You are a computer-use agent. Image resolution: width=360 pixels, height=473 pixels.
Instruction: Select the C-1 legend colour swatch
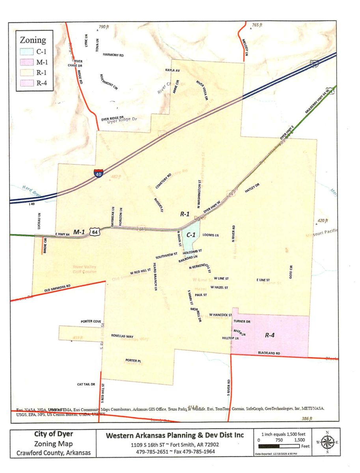pos(27,52)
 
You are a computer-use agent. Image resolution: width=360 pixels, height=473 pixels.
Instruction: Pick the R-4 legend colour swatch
pos(27,83)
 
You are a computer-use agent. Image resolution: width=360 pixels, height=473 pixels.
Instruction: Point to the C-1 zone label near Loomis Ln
pos(191,235)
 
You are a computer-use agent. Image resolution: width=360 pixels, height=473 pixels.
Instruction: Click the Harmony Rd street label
pos(113,55)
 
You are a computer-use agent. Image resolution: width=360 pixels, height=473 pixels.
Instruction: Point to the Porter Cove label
pos(91,321)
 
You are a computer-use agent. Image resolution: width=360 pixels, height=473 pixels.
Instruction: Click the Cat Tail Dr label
pos(86,384)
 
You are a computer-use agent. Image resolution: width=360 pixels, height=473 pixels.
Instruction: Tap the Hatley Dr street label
pos(252,188)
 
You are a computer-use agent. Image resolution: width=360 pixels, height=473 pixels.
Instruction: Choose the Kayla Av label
pos(172,70)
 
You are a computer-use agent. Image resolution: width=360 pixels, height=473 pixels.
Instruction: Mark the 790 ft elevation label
pos(103,27)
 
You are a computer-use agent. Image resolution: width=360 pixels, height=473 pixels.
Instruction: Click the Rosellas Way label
pos(122,336)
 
